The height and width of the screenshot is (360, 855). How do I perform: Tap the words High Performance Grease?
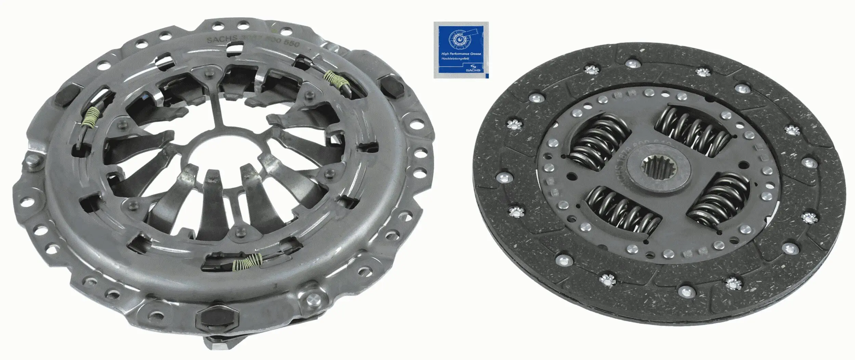point(461,54)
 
